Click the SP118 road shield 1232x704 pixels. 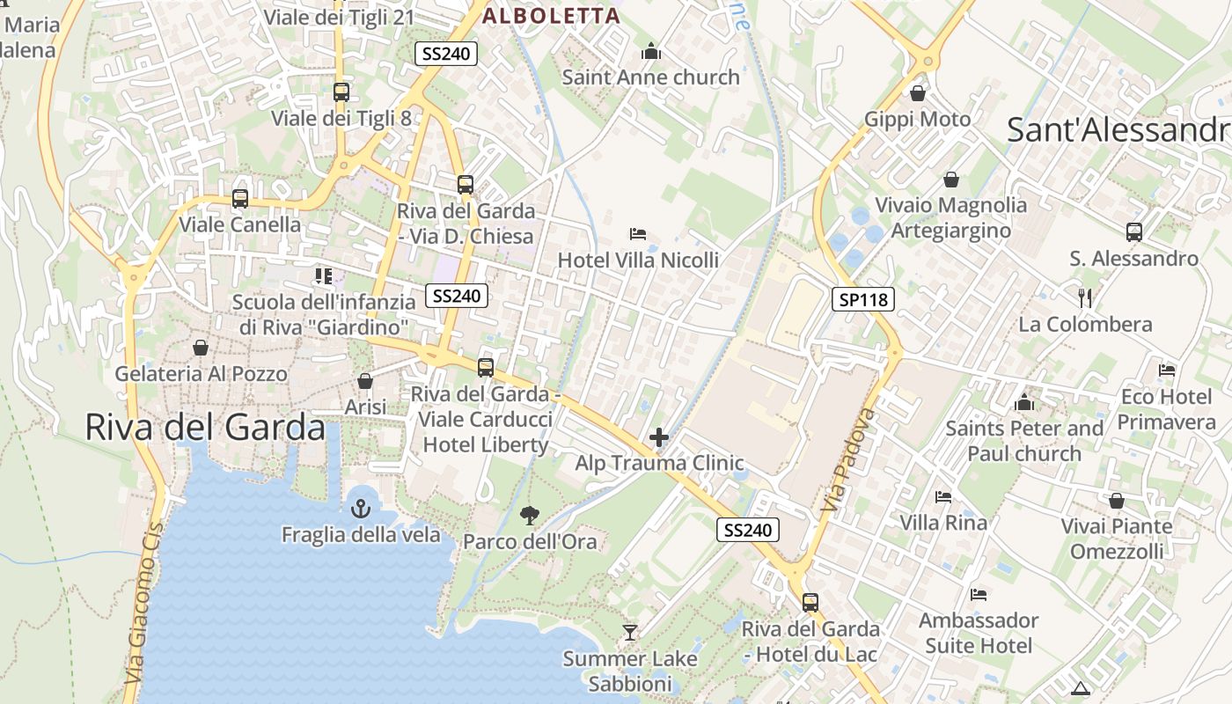863,299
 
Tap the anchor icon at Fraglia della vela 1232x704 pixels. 361,508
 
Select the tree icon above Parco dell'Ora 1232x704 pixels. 530,515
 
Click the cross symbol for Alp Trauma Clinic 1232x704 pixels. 659,436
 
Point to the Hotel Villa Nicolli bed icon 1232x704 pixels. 638,234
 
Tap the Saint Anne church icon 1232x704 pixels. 651,52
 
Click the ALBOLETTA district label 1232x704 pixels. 552,15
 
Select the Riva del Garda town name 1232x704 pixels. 205,427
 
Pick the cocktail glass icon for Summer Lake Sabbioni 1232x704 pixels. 630,632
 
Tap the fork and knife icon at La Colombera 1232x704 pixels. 1085,297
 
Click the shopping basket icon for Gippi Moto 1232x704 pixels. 918,92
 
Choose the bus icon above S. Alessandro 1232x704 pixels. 1134,232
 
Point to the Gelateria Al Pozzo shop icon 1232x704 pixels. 201,348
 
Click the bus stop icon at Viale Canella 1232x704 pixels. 240,199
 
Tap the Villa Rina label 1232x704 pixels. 943,523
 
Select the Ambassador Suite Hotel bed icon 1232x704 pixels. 979,595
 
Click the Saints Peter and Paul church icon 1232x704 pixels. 1024,403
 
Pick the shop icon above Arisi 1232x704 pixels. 365,381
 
